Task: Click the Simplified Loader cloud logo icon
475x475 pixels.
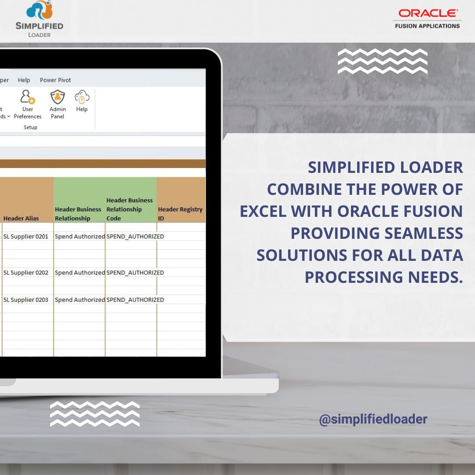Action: tap(40, 10)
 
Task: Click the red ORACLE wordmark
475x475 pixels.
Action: tap(428, 13)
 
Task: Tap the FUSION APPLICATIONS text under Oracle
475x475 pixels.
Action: tap(427, 26)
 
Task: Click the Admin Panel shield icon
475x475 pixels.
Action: tap(58, 97)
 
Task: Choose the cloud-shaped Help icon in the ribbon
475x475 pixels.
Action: tap(82, 97)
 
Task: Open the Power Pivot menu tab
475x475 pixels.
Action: tap(55, 80)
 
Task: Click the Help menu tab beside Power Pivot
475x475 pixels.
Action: tap(24, 80)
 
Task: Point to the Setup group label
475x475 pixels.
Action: tap(30, 127)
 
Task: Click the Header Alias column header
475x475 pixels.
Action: tap(21, 218)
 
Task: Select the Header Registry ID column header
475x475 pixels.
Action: tap(180, 214)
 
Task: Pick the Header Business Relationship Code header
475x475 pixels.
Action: tap(130, 209)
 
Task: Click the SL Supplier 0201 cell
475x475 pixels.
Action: tap(26, 236)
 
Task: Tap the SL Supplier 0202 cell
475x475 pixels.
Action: tap(26, 273)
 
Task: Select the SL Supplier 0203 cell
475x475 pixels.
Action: tap(26, 300)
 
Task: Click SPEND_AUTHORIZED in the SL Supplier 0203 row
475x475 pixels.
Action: tap(135, 300)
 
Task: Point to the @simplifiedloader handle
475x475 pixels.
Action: tap(373, 419)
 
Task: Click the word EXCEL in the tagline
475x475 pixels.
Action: tap(263, 211)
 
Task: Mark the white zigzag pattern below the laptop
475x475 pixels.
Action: tap(95, 414)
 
